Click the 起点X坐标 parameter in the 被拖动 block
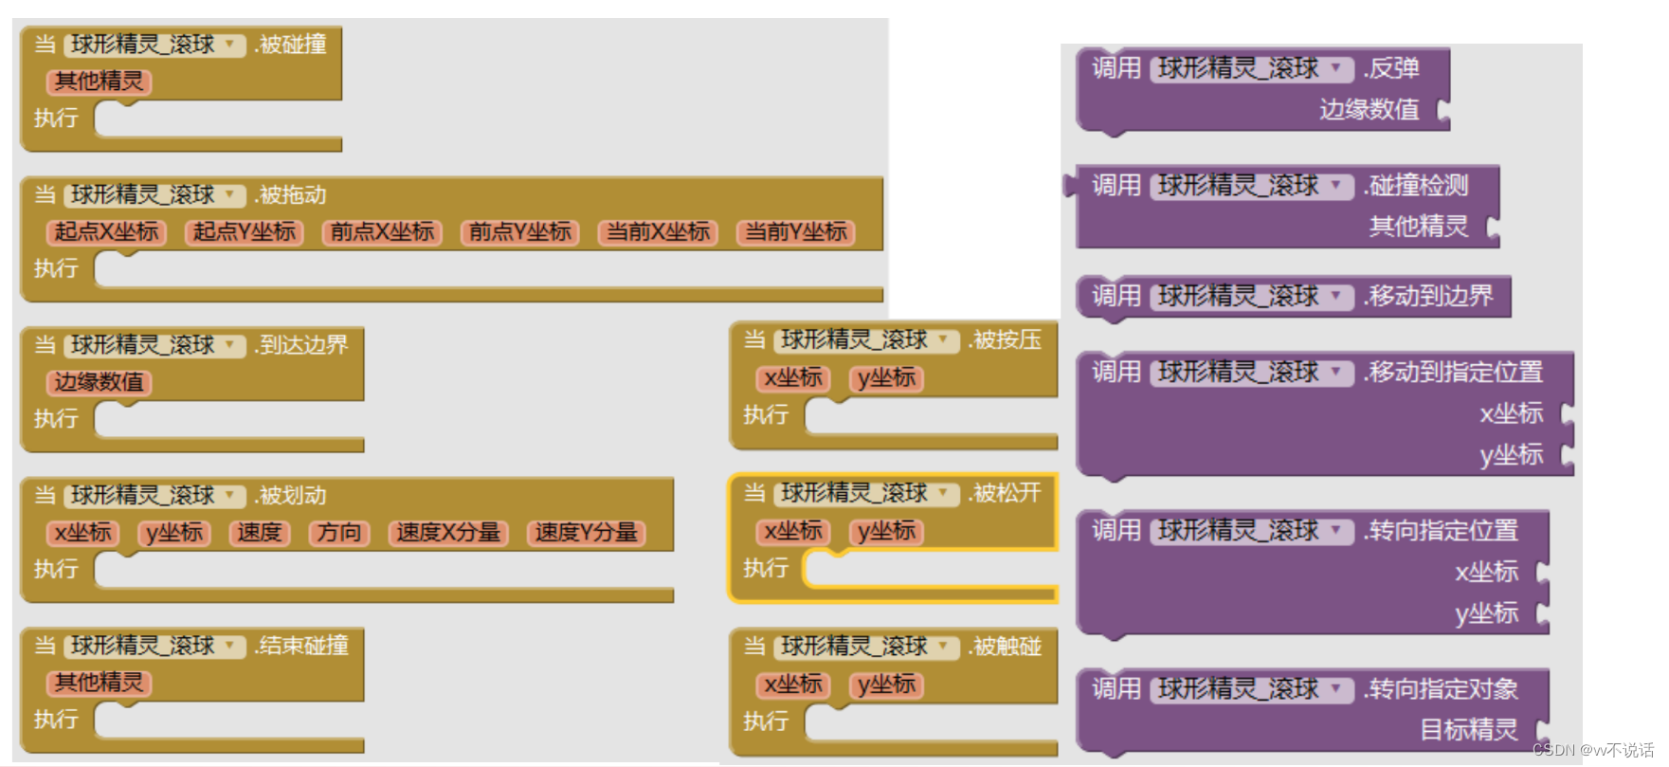[106, 232]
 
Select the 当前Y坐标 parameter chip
[796, 232]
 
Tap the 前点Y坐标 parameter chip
[520, 232]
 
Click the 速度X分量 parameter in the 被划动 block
[448, 533]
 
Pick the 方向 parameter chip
[339, 533]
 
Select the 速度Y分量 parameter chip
[587, 533]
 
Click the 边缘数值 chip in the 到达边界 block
[99, 382]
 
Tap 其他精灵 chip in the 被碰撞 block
[99, 82]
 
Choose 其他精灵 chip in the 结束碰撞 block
[99, 683]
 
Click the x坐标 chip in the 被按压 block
[793, 378]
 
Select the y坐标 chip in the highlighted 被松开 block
[886, 532]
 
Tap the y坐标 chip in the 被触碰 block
[886, 685]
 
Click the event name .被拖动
[291, 195]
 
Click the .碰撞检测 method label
[1416, 186]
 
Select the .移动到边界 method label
[1428, 297]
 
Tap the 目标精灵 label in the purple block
[1468, 730]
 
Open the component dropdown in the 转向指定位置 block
[1336, 531]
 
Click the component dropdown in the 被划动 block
[230, 496]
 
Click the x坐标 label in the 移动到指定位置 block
[1511, 413]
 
